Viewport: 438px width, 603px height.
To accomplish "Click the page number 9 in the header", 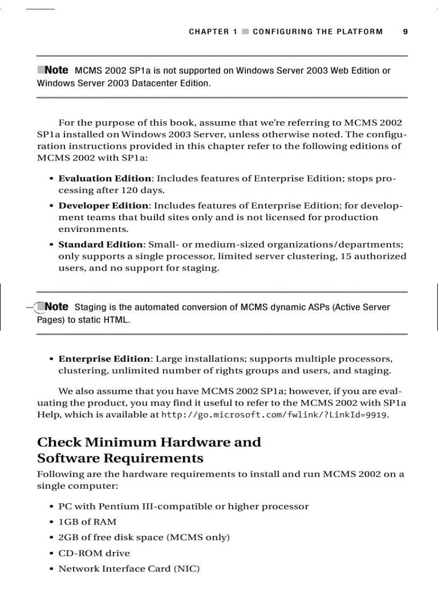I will pos(405,32).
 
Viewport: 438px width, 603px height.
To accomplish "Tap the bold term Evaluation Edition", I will pos(105,179).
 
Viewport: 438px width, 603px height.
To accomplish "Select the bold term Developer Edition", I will pos(104,206).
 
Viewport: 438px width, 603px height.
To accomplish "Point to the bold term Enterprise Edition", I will pos(105,359).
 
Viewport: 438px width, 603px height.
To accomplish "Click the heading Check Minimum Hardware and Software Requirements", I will pos(149,450).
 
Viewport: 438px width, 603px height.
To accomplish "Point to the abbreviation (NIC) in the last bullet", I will pos(187,569).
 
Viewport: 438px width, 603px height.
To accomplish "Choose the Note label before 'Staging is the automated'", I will pos(56,307).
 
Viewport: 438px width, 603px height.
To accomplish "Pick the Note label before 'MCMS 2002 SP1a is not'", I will pos(56,70).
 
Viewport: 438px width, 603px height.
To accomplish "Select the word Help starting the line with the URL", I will pos(47,415).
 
